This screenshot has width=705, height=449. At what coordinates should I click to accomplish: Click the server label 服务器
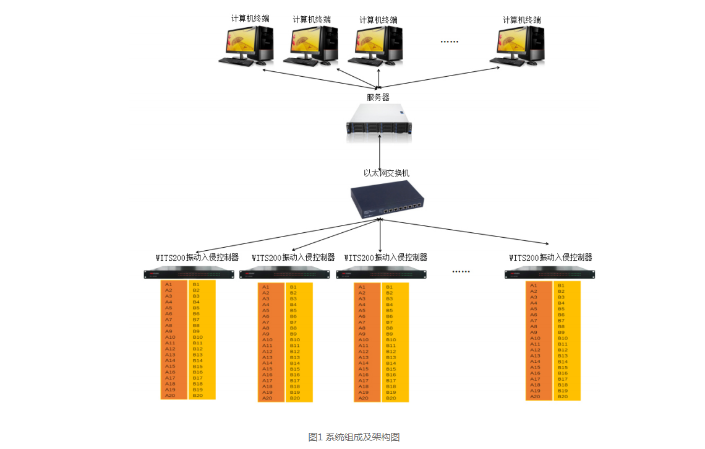(378, 97)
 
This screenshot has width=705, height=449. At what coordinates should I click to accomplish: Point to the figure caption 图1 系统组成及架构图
(354, 437)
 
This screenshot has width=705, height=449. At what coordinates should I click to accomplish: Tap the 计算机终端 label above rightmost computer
(522, 20)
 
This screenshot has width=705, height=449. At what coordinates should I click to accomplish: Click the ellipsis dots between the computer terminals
(449, 42)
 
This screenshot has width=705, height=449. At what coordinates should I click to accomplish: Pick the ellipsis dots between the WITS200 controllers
(461, 271)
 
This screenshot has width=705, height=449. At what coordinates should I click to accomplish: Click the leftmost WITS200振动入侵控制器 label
(197, 257)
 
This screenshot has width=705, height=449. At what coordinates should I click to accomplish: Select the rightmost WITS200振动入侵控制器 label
(550, 257)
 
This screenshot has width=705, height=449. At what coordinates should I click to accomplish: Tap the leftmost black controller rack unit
(189, 273)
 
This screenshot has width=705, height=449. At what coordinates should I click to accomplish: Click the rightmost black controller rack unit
(549, 274)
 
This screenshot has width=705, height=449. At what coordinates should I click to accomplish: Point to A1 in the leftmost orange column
(169, 284)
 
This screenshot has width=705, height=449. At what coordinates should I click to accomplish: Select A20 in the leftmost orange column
(170, 395)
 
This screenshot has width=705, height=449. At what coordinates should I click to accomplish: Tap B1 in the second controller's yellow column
(294, 287)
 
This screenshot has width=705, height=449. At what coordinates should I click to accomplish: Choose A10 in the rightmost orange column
(535, 338)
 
